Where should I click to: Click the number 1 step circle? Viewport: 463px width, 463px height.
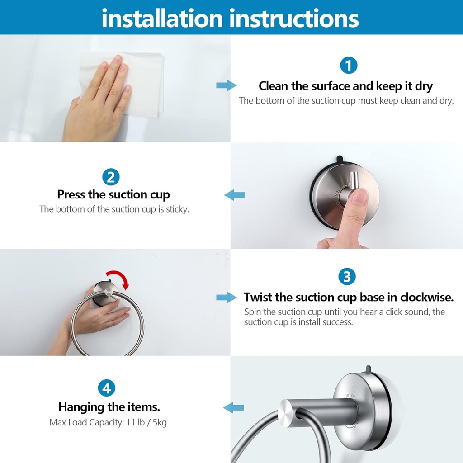tap(348, 66)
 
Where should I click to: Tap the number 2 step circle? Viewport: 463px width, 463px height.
tap(111, 177)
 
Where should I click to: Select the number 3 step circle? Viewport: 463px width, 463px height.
tap(347, 277)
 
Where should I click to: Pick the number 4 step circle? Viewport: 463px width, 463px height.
tap(106, 388)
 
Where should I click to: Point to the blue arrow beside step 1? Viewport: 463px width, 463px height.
tap(226, 85)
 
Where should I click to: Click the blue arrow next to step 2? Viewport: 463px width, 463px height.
tap(235, 195)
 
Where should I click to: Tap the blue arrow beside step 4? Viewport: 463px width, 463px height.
tap(234, 407)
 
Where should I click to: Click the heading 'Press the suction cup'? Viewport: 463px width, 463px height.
tap(113, 195)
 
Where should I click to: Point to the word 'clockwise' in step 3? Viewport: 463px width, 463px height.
tap(425, 298)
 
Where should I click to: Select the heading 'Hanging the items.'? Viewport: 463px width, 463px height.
tap(109, 407)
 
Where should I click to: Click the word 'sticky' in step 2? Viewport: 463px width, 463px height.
tap(176, 209)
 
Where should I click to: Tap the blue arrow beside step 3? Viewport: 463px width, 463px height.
tap(226, 297)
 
